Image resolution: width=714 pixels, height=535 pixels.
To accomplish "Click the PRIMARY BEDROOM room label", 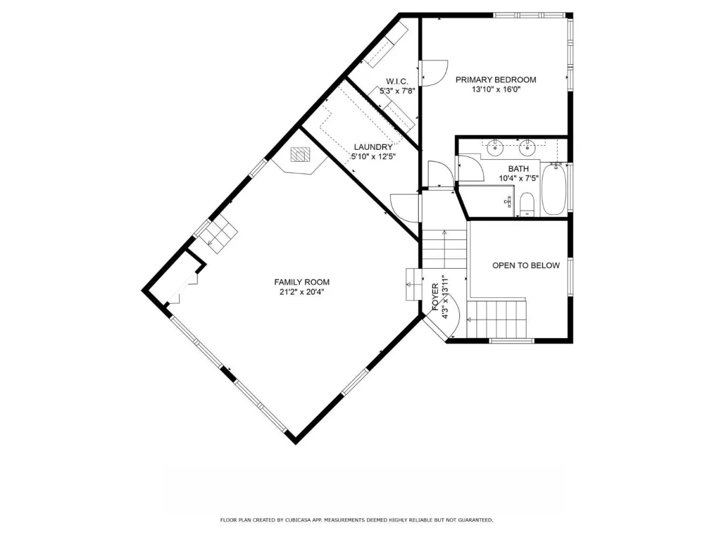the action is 496,80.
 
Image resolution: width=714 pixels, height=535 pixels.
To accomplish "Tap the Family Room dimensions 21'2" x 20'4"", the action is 302,292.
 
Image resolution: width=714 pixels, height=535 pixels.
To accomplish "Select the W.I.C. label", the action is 397,81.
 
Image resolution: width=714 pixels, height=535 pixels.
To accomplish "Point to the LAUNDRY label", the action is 373,147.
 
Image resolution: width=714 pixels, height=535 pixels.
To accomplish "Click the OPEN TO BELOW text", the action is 525,265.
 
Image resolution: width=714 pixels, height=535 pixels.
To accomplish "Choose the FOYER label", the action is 435,297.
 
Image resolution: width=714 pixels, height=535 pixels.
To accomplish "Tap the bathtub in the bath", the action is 554,190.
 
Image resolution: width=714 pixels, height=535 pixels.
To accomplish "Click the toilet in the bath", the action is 527,204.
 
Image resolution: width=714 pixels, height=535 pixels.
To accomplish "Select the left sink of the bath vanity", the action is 495,148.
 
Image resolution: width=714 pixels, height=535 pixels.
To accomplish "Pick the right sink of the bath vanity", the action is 527,148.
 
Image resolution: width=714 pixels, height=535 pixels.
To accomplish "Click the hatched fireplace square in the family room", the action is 300,155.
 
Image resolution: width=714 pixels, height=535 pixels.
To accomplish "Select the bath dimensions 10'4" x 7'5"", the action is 519,178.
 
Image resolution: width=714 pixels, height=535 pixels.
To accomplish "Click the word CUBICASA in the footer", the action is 296,520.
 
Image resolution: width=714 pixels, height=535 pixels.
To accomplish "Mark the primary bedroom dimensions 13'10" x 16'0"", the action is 496,89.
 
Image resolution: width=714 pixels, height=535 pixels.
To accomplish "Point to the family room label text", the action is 302,282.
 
